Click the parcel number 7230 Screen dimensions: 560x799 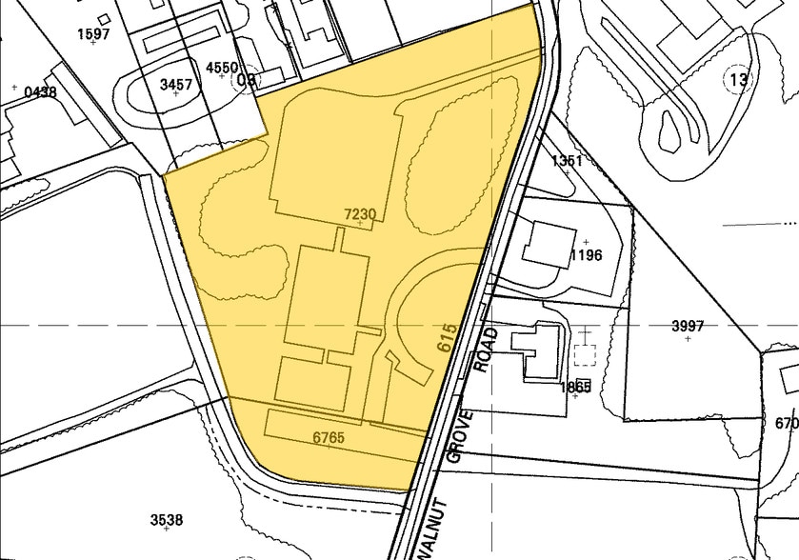tap(360, 215)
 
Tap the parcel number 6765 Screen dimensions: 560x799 tap(328, 437)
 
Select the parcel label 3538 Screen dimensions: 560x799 tap(167, 519)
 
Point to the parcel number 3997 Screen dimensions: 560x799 tap(688, 326)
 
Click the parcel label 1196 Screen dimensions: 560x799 tap(586, 255)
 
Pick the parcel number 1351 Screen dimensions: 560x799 tap(567, 160)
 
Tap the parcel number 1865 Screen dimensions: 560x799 tap(575, 387)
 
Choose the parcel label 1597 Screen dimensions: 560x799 tap(93, 33)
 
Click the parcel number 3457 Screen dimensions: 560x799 tap(176, 85)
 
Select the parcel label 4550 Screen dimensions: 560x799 tap(222, 67)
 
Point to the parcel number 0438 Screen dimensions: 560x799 tap(41, 91)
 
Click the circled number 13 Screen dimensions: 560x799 tap(738, 80)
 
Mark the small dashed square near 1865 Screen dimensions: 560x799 tap(585, 354)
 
